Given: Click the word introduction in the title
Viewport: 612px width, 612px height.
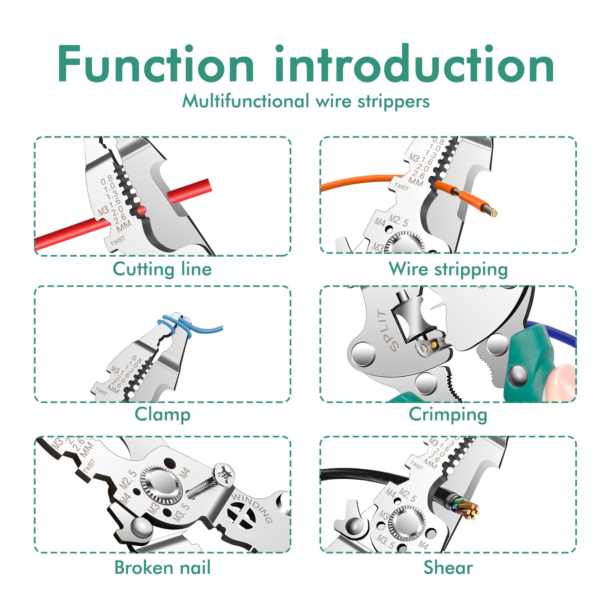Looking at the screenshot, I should pos(414,64).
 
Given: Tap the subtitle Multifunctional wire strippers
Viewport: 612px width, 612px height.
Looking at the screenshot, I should pos(306,101).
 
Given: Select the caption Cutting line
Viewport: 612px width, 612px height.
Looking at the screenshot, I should pos(162,269).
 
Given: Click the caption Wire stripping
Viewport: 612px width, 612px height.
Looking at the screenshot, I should pos(448,269).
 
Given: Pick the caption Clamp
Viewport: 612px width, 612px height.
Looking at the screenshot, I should pos(162,414).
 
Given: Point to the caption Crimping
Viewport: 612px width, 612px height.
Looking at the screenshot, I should pos(448,415).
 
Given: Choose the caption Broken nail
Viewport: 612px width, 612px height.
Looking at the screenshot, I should pos(162,568).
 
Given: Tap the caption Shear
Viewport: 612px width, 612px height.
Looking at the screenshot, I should pos(448,568).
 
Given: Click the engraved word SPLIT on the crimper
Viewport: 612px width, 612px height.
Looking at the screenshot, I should pos(387,330).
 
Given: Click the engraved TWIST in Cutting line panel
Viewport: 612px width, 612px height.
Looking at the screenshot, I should pos(117,241).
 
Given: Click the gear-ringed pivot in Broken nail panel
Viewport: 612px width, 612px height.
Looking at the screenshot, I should pos(161,483).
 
